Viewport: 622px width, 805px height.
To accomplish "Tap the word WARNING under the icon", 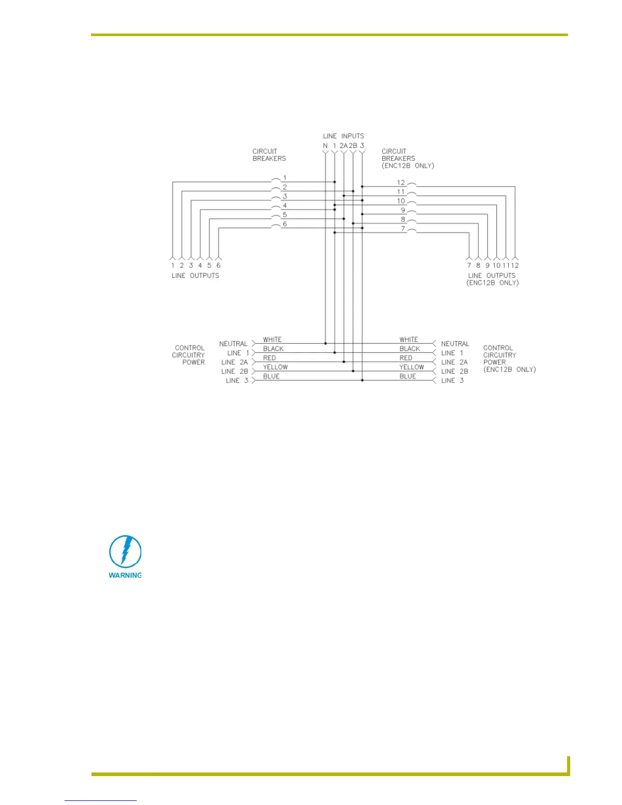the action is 125,575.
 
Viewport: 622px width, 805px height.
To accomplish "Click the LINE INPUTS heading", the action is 344,136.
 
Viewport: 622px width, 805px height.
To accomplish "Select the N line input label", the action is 325,146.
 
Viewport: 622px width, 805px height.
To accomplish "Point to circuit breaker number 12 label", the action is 401,182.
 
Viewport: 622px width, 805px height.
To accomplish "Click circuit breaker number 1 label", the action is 285,178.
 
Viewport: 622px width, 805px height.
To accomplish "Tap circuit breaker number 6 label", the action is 285,224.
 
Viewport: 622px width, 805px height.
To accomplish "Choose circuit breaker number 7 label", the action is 403,229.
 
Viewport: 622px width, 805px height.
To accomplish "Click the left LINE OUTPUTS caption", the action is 195,275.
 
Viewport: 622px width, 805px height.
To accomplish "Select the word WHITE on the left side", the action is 272,339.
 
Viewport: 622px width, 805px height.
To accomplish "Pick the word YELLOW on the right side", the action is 412,367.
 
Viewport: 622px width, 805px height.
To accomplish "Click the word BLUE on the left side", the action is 271,376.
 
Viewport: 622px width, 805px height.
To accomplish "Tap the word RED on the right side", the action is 406,358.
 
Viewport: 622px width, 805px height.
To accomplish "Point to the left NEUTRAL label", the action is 233,344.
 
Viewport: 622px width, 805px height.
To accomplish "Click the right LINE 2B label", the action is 454,371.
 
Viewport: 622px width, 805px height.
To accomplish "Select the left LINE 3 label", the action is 237,381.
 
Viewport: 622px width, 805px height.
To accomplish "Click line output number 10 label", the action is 496,265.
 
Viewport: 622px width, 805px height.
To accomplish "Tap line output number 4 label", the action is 200,265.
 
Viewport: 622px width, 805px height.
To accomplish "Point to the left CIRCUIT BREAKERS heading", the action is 269,155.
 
